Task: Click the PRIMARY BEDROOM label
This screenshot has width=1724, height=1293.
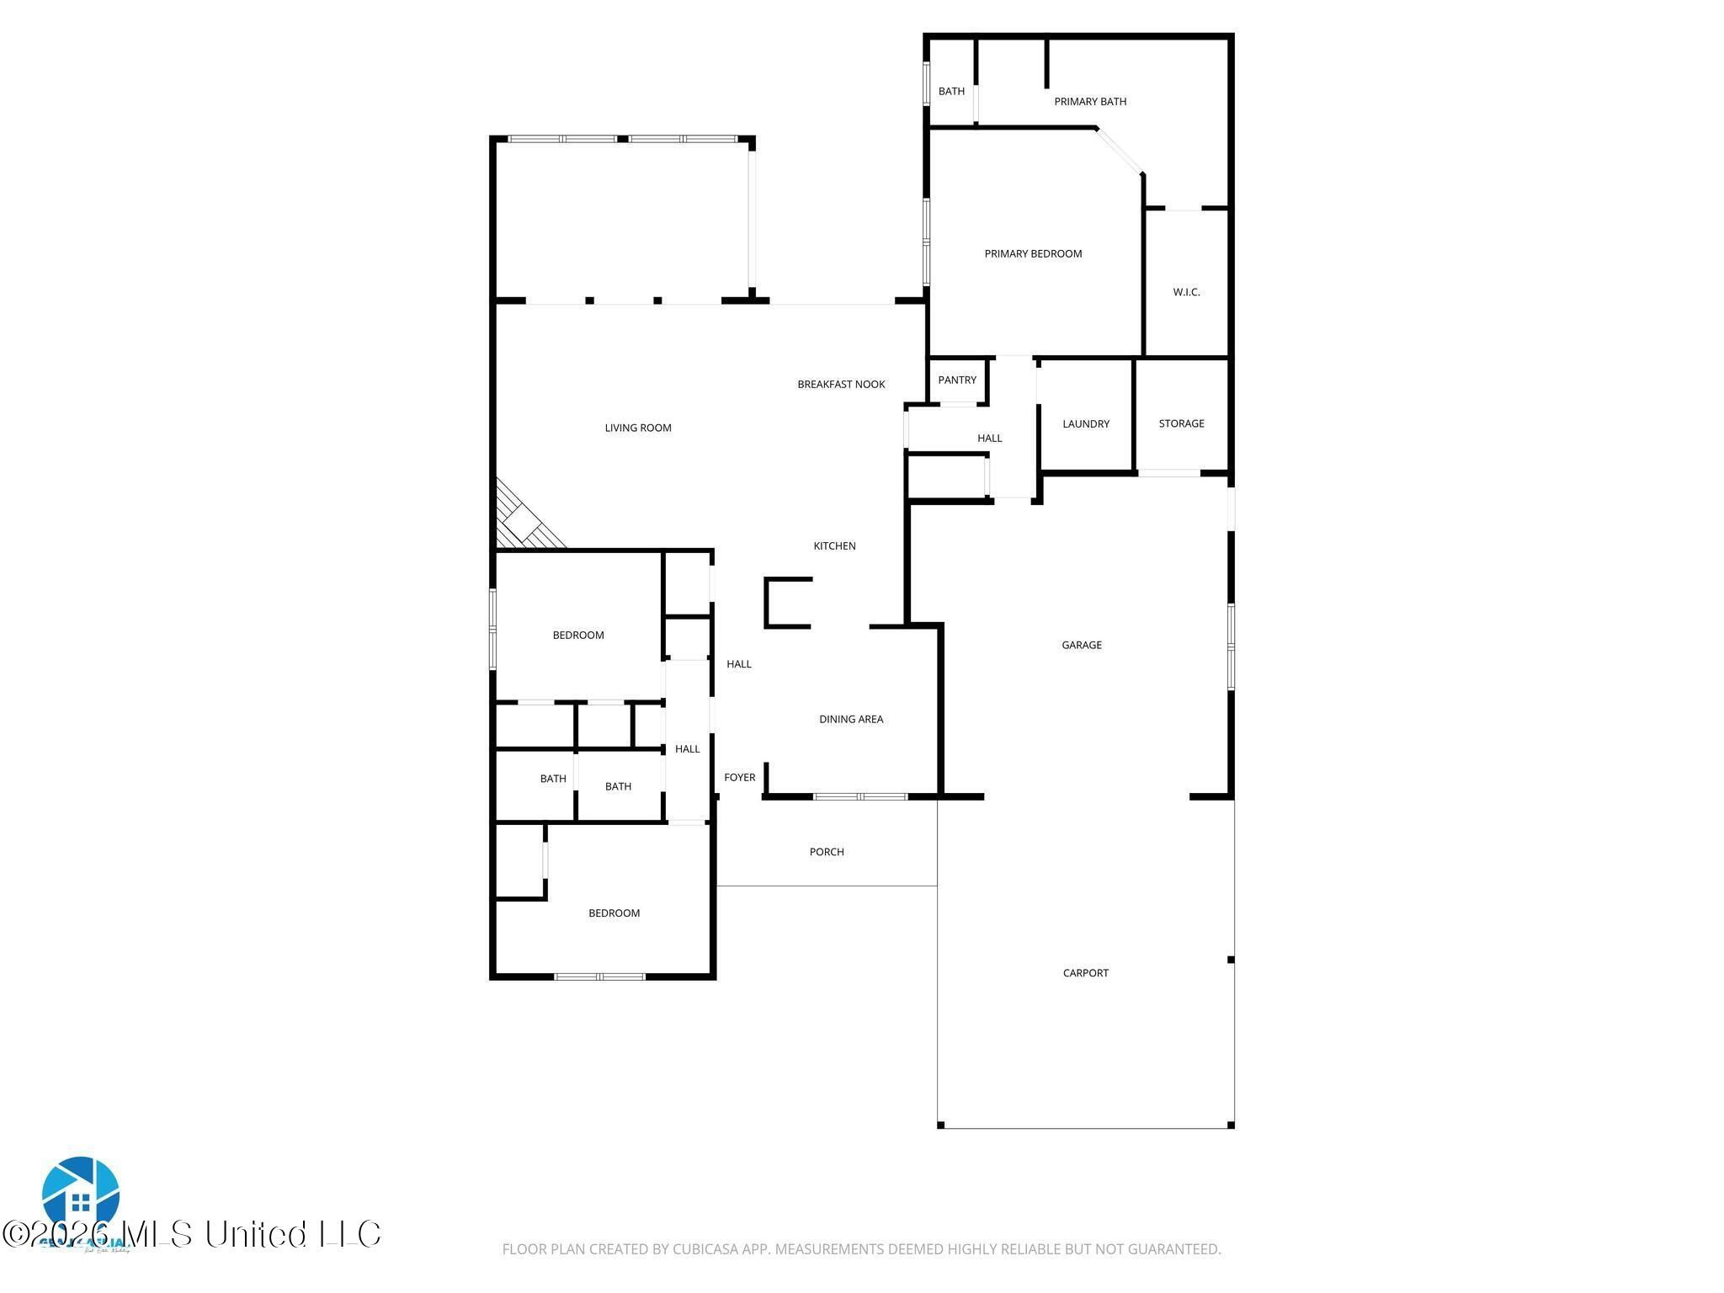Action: pos(1033,253)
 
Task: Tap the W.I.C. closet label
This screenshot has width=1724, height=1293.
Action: pos(1186,292)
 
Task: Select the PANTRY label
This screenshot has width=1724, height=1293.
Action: pos(957,380)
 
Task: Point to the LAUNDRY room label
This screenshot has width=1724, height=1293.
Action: pos(1086,423)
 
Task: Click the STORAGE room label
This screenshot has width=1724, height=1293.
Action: pos(1181,423)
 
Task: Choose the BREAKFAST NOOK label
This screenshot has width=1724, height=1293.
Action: pos(841,384)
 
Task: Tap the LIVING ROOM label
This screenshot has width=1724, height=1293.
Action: pos(638,428)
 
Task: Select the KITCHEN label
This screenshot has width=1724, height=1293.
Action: pos(834,545)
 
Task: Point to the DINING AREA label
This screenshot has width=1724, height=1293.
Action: pos(851,719)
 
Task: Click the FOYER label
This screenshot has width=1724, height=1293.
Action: pos(739,777)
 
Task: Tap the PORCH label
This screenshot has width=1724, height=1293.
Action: pos(826,852)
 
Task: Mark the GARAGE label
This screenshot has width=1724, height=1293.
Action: pos(1081,645)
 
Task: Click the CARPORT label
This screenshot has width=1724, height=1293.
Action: pos(1085,973)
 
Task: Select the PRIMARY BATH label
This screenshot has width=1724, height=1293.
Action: pos(1090,101)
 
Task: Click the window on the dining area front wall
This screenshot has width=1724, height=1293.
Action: pos(859,796)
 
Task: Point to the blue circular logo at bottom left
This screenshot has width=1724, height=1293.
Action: pos(81,1195)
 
